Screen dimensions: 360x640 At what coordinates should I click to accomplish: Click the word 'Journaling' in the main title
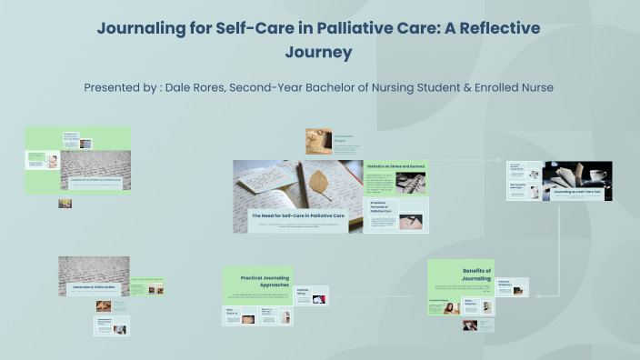point(138,28)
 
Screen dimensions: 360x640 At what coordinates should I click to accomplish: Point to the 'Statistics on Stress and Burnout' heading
point(395,166)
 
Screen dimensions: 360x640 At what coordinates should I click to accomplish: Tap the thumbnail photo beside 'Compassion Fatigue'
point(319,140)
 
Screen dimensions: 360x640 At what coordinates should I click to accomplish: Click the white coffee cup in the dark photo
point(598,175)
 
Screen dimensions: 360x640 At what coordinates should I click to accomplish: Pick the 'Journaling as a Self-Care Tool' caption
point(569,193)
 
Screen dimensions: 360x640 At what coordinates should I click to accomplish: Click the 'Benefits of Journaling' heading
point(476,275)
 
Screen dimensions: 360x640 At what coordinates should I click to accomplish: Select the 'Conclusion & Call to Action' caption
point(95,287)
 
